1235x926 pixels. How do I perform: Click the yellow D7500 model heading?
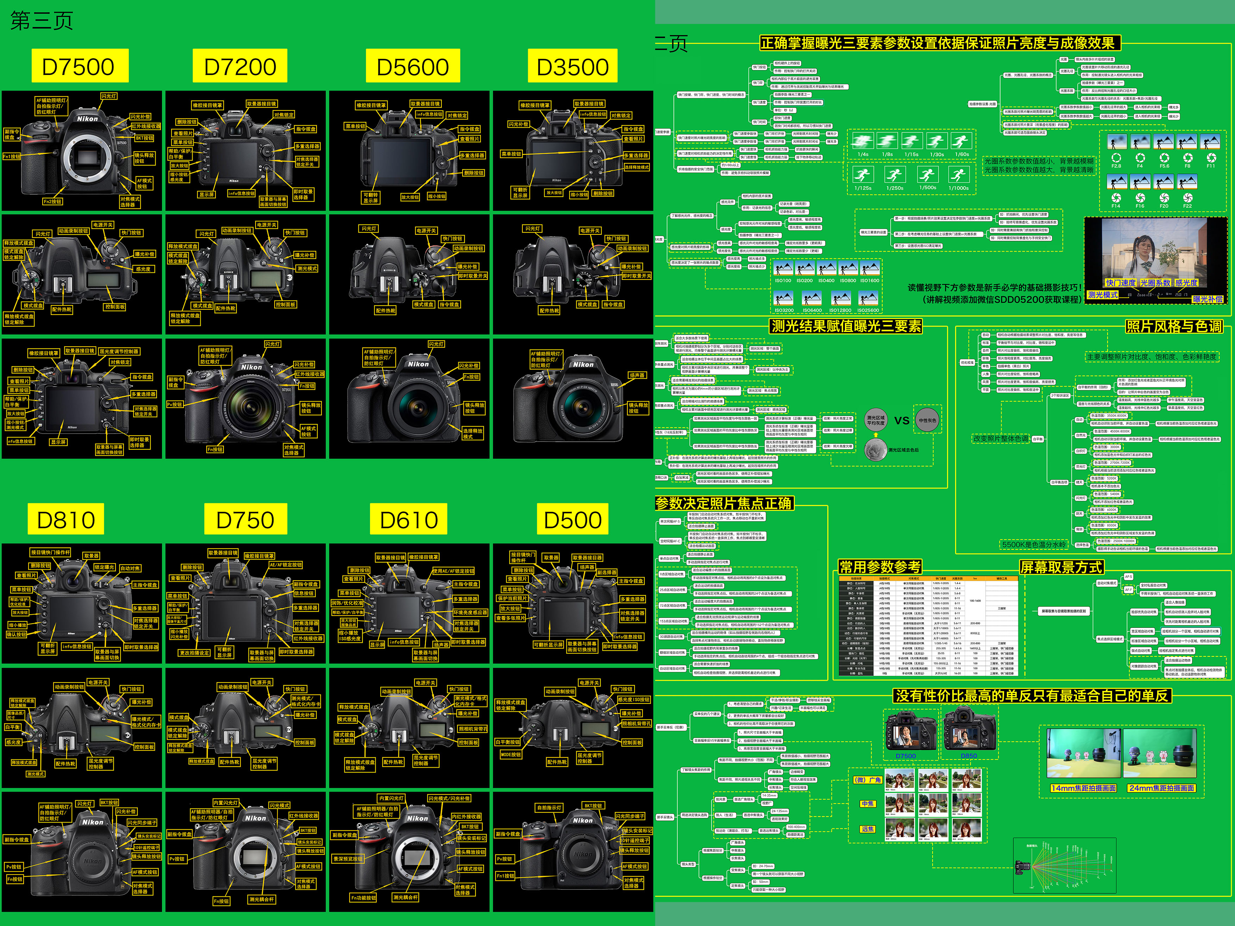coord(79,67)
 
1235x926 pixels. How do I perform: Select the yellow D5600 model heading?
coord(413,67)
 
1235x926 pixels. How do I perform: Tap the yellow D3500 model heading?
coord(572,67)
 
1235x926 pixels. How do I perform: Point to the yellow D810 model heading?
coord(66,519)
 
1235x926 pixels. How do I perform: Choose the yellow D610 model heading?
coord(409,519)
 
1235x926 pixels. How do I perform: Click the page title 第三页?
coord(42,21)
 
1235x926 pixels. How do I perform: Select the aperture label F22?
coord(1187,206)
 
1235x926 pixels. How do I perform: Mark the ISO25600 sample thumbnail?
coord(868,298)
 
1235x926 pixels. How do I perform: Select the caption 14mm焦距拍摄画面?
coord(1083,788)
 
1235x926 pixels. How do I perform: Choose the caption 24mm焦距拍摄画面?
coord(1161,788)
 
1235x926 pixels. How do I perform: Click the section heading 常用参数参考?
coord(880,567)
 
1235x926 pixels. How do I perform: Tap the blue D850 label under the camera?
coord(969,756)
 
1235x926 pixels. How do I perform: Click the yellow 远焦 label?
coord(867,829)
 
